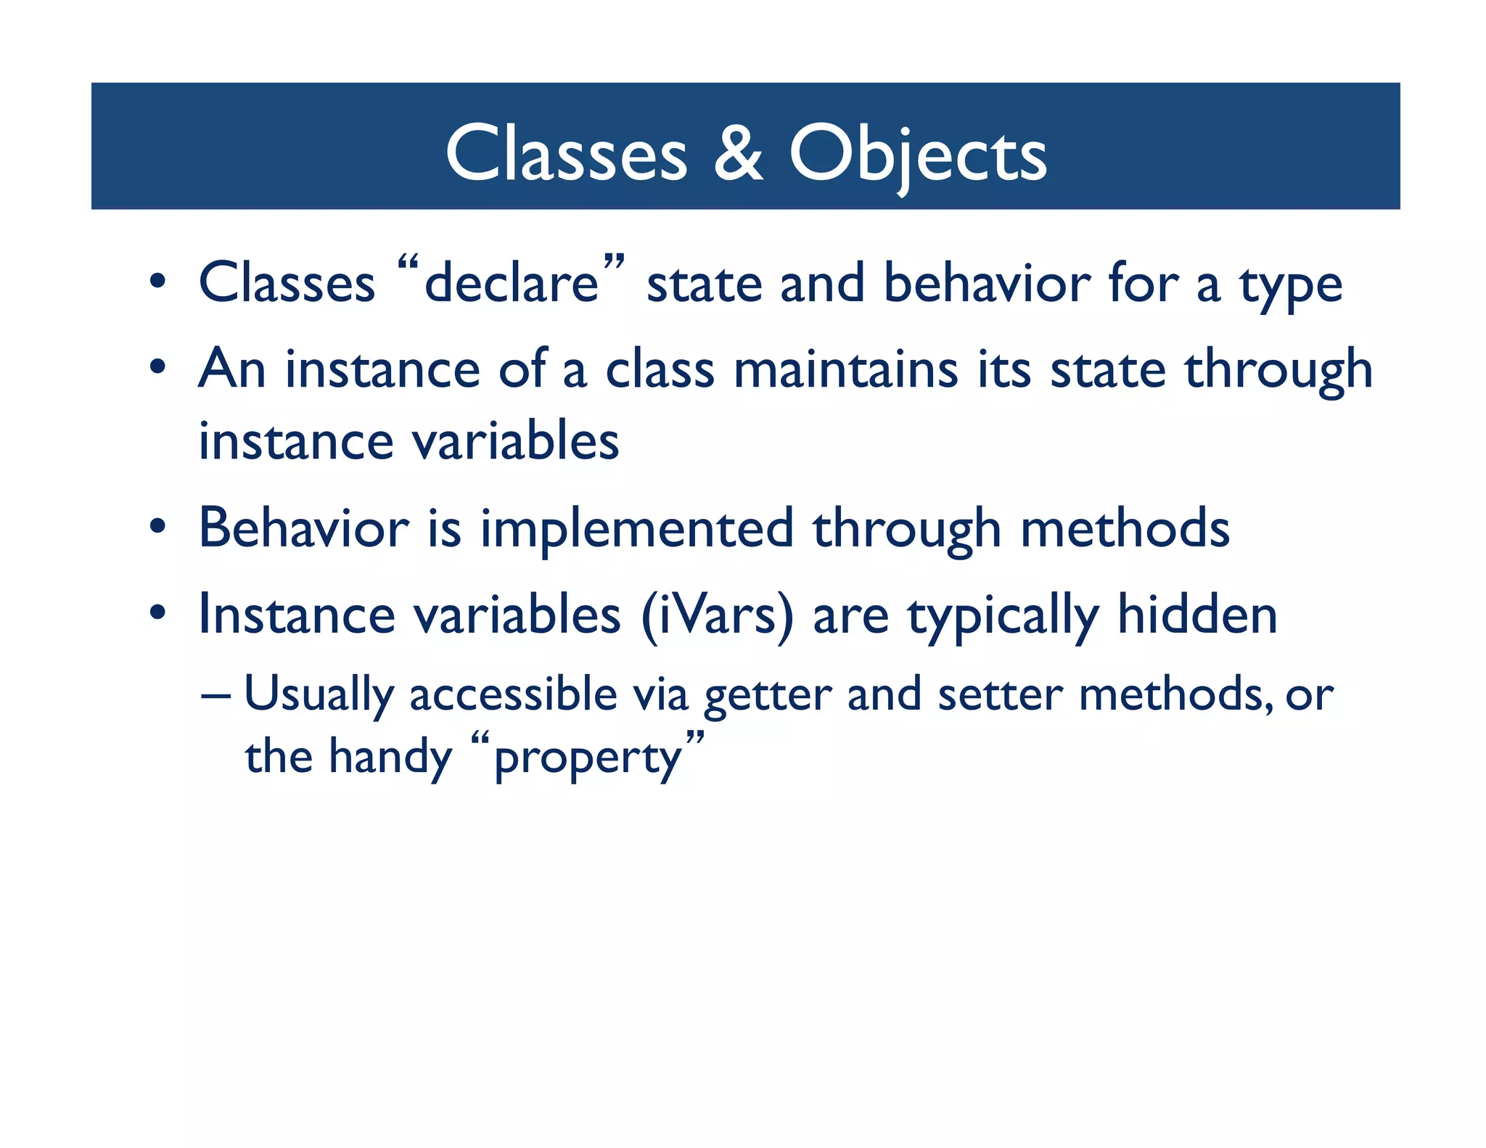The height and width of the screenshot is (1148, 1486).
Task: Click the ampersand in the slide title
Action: pyautogui.click(x=738, y=153)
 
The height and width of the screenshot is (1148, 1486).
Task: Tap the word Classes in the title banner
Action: pyautogui.click(x=566, y=153)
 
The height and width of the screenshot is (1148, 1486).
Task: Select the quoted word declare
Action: pyautogui.click(x=512, y=283)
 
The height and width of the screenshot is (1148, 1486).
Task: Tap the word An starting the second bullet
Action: pyautogui.click(x=231, y=369)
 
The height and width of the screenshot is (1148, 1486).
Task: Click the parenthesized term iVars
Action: pyautogui.click(x=717, y=615)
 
